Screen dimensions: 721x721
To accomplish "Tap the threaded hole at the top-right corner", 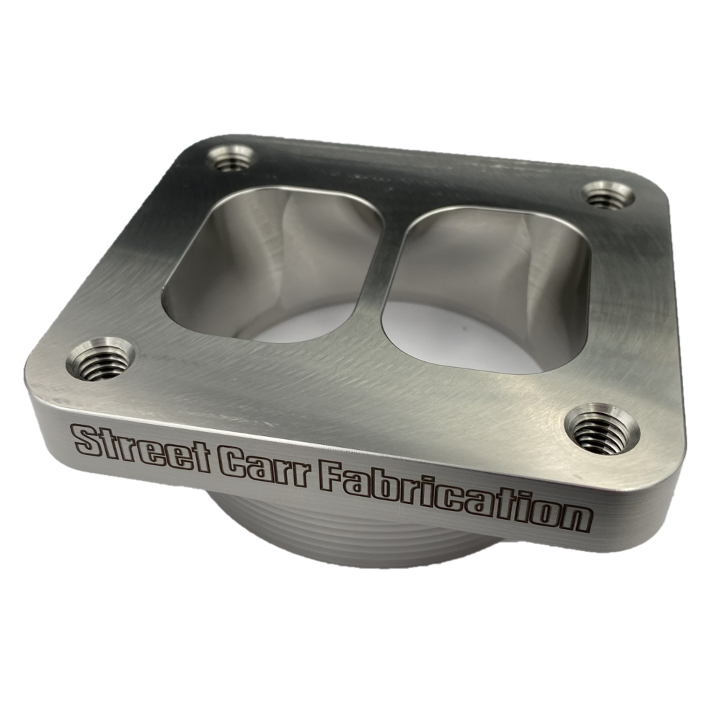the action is pos(606,195).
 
